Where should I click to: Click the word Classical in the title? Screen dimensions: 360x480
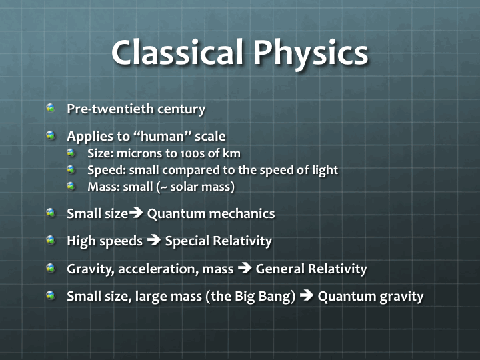[176, 52]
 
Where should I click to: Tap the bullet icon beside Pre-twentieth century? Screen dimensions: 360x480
[51, 108]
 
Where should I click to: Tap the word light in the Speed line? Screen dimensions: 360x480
[324, 170]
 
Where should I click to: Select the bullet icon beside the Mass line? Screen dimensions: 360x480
[71, 186]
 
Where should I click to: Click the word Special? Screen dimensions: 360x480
[187, 241]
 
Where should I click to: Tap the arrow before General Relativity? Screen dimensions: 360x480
[245, 269]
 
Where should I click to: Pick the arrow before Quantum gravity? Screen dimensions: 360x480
[307, 296]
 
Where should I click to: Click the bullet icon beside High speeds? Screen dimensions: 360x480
[51, 241]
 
